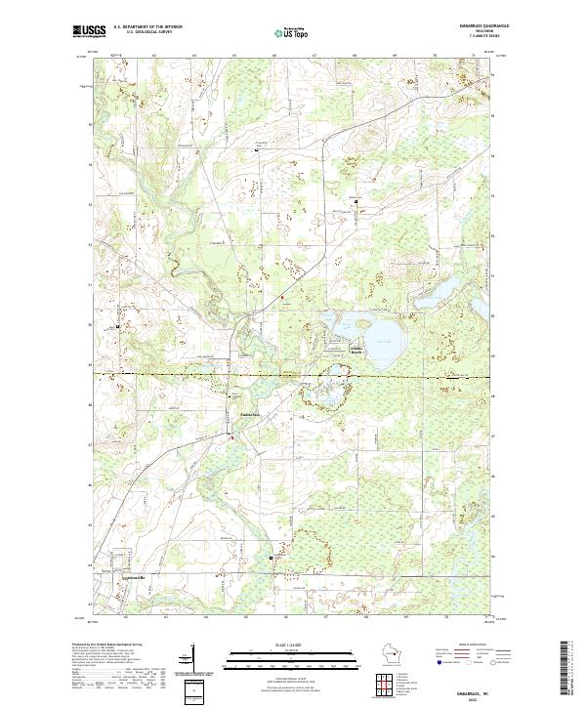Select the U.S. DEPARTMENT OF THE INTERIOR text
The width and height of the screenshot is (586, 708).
pos(147,27)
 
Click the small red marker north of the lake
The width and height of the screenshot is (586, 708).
pos(283,297)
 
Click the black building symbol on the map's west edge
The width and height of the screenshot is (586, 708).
pos(119,326)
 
